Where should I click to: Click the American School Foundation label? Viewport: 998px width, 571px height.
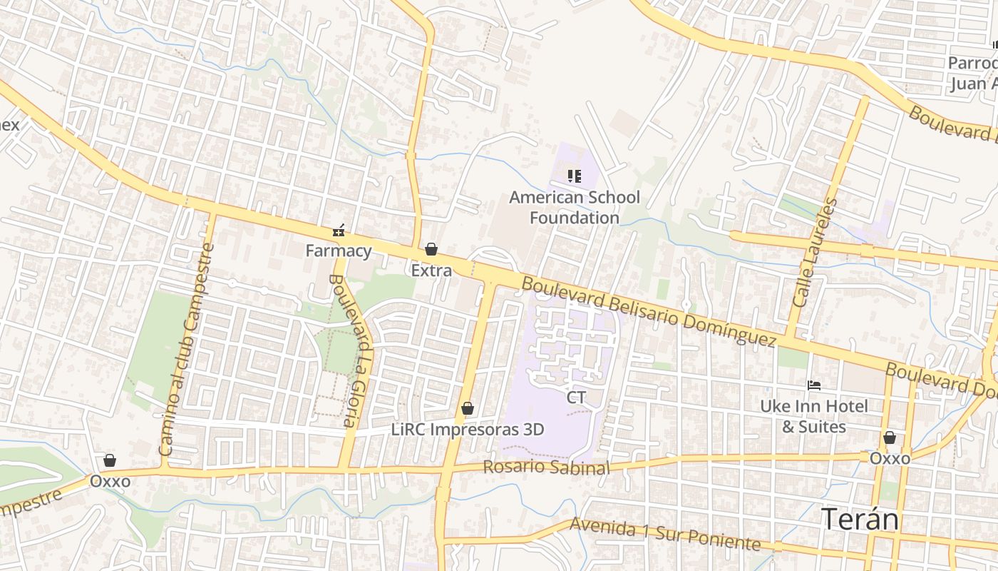tap(575, 207)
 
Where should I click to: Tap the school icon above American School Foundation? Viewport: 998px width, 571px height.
tap(574, 176)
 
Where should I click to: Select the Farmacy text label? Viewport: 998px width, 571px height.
tap(339, 251)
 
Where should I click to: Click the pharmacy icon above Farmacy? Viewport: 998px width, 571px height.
tap(339, 231)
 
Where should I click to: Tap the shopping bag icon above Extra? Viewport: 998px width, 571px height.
tap(431, 249)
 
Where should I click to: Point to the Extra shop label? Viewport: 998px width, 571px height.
tap(431, 271)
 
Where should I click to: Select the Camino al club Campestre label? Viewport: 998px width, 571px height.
tap(187, 350)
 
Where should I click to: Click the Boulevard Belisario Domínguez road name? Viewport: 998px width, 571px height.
tap(648, 312)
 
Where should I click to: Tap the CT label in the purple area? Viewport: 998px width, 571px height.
tap(576, 398)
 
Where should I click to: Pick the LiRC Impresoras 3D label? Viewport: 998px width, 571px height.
tap(468, 430)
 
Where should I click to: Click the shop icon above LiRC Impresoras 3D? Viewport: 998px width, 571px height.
tap(468, 408)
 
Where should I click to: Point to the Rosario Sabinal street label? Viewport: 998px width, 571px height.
tap(546, 468)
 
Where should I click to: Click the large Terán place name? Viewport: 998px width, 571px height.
tap(860, 519)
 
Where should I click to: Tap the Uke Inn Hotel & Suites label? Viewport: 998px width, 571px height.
tap(814, 416)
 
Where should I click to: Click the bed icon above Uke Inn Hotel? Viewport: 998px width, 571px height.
tap(814, 385)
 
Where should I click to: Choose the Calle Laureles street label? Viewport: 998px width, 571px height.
tap(813, 253)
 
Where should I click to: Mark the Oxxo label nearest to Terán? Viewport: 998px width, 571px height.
tap(890, 458)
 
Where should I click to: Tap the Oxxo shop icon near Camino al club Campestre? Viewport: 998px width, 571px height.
tap(110, 460)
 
